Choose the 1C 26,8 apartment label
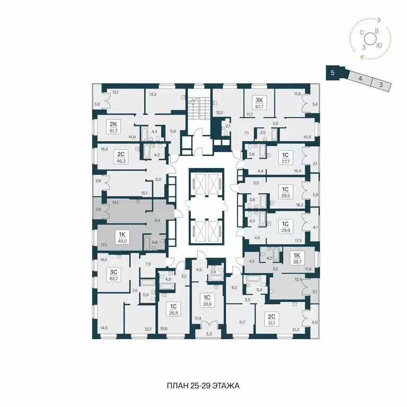click(173, 309)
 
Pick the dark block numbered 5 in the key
click(332, 73)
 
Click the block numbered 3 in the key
click(381, 83)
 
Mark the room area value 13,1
click(115, 92)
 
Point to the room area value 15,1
click(144, 193)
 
